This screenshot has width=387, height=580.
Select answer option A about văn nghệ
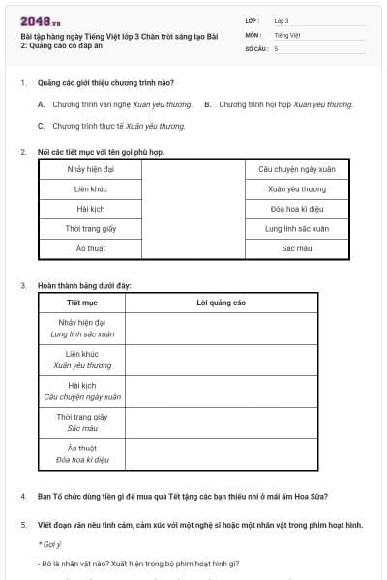point(114,104)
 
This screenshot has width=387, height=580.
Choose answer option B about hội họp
point(278,104)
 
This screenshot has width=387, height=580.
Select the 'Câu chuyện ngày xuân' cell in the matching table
point(297,169)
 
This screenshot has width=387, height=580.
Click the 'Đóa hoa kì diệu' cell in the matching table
point(297,209)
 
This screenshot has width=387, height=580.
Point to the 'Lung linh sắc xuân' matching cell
point(297,229)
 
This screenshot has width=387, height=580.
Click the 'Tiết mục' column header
point(80,303)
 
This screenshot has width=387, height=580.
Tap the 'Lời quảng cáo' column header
point(221,303)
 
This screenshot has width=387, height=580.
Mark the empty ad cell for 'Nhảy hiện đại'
point(221,328)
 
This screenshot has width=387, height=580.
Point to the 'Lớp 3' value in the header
point(282,20)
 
